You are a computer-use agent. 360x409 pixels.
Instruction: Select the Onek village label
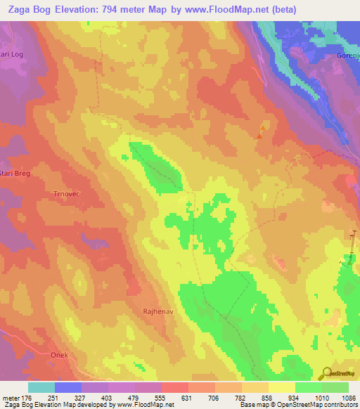58,355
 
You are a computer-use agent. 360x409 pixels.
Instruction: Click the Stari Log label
12,53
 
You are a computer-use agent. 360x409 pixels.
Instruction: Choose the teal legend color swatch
41,387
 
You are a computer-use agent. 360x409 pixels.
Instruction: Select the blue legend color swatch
68,387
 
